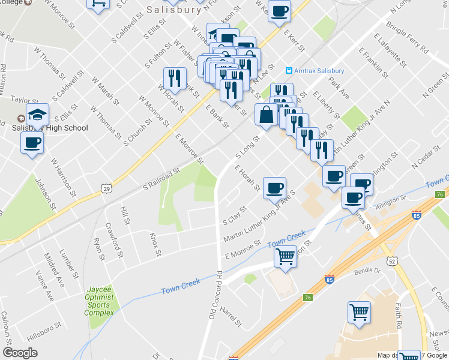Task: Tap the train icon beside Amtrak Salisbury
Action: click(289, 70)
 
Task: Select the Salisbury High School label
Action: click(50, 128)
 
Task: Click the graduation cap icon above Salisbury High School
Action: click(37, 113)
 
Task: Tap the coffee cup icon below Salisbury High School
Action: click(32, 143)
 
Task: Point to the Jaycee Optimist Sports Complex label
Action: click(99, 301)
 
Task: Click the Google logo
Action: click(20, 353)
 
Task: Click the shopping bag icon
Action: click(265, 114)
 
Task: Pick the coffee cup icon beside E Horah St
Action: click(274, 188)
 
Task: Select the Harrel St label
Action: click(230, 316)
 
